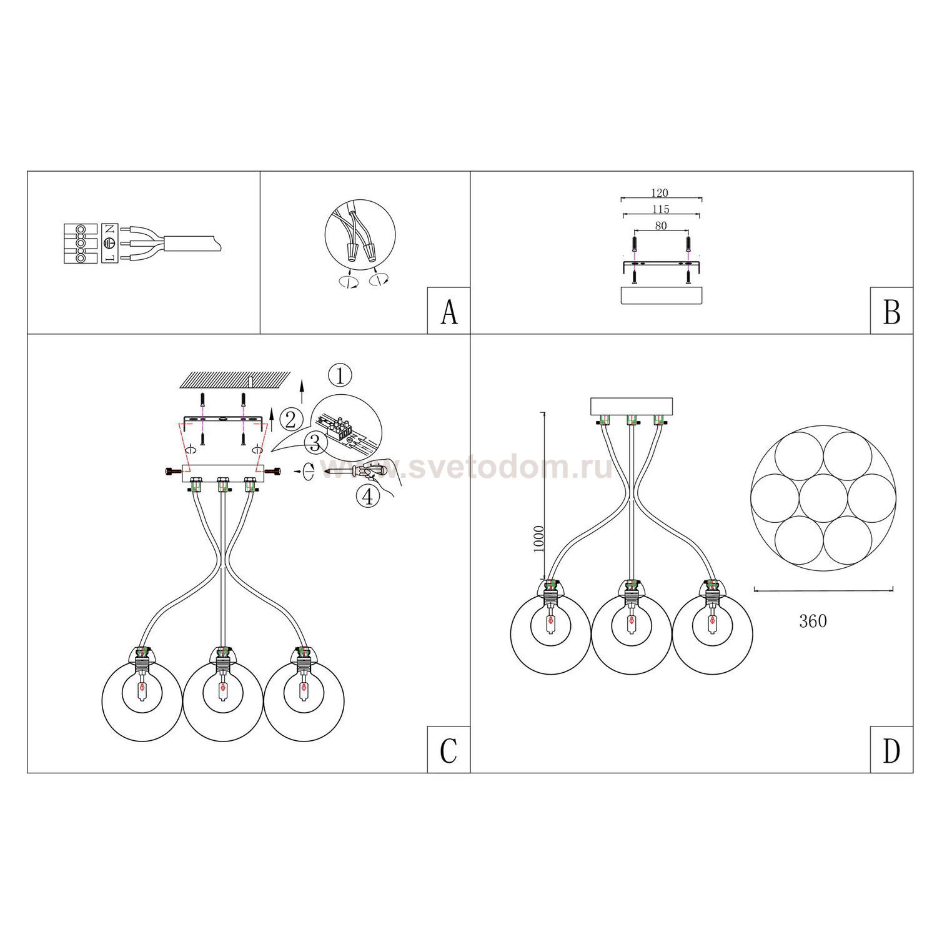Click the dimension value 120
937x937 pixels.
pyautogui.click(x=660, y=193)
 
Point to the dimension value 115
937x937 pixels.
pyautogui.click(x=660, y=209)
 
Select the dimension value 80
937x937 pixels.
pyautogui.click(x=661, y=226)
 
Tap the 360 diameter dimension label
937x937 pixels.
pyautogui.click(x=813, y=621)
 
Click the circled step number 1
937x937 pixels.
pyautogui.click(x=340, y=375)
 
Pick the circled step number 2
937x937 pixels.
pyautogui.click(x=290, y=419)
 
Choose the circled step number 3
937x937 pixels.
pyautogui.click(x=315, y=444)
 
